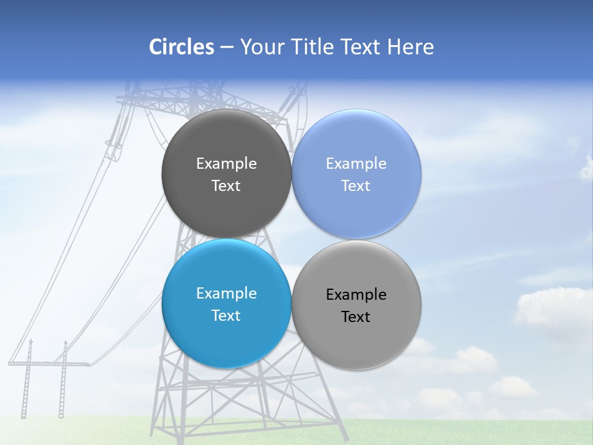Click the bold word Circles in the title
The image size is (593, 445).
pyautogui.click(x=182, y=47)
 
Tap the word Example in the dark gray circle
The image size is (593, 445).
pyautogui.click(x=226, y=164)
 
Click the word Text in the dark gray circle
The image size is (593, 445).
pyautogui.click(x=226, y=186)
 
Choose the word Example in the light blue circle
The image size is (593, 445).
pyautogui.click(x=356, y=164)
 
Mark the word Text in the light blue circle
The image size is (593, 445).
pyautogui.click(x=356, y=186)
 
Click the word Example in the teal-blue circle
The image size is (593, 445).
pyautogui.click(x=226, y=294)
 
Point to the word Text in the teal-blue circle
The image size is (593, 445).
pyautogui.click(x=226, y=316)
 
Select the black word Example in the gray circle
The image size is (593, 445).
pyautogui.click(x=356, y=295)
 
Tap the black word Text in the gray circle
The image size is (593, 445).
pyautogui.click(x=356, y=317)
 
